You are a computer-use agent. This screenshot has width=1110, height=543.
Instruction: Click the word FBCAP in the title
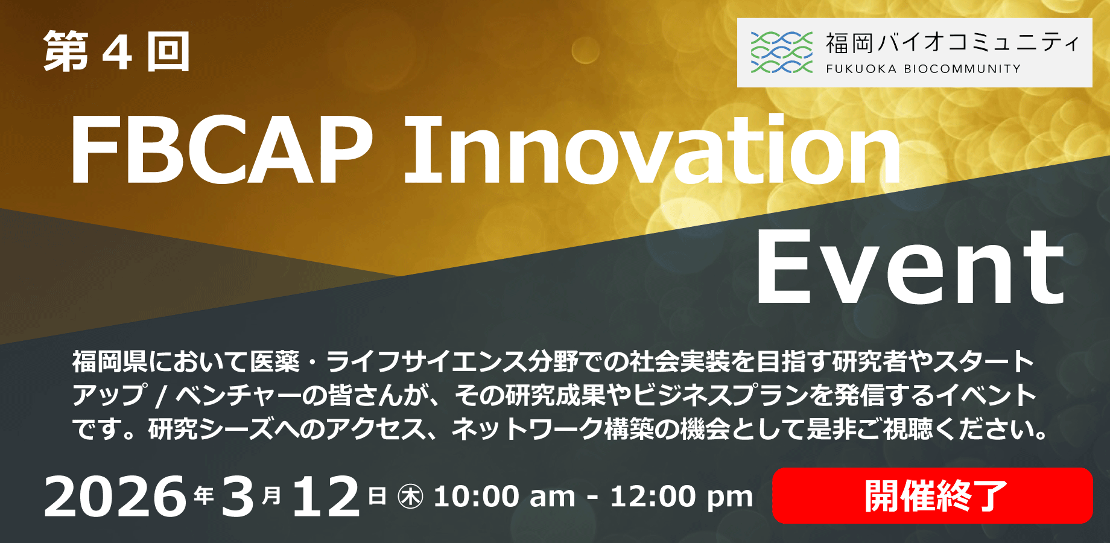point(221,149)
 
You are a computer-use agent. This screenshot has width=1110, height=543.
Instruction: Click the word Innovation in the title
point(652,148)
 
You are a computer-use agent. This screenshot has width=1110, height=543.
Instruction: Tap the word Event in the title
point(910,267)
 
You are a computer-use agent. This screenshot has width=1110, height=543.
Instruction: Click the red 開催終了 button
point(932,495)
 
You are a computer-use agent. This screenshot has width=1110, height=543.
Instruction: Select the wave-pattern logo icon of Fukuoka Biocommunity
point(781,52)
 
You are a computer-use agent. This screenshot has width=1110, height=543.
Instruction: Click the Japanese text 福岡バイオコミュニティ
point(952,43)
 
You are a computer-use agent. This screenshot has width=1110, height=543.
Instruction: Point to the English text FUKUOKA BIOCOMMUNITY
point(923,69)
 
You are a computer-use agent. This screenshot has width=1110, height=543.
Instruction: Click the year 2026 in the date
point(115,497)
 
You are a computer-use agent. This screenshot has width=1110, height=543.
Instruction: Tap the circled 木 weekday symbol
point(411,497)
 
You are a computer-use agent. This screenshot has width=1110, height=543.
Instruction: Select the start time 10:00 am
point(504,497)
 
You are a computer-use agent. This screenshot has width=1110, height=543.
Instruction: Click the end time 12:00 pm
point(682,498)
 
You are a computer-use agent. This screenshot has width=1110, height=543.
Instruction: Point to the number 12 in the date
point(326,497)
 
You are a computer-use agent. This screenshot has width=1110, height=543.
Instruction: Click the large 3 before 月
point(238,497)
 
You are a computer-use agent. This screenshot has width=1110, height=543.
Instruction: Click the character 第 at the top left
point(66,52)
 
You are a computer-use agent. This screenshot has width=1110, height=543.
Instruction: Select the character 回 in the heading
point(168,52)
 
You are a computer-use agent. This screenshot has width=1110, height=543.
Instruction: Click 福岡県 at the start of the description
point(110,361)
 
